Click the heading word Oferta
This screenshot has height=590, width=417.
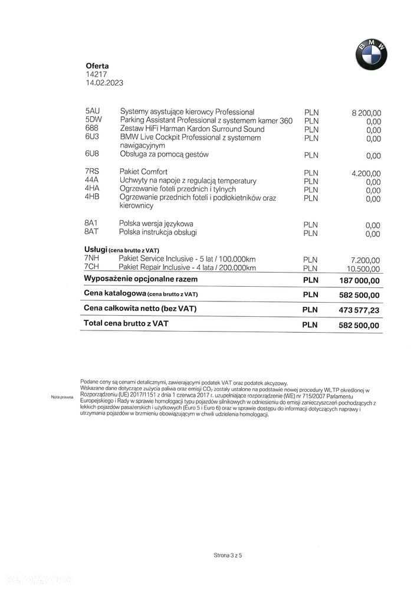coord(97,66)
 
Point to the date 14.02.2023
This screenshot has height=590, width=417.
coord(104,84)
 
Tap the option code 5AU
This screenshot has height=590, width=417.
coord(93,112)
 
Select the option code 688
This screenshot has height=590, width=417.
coord(91,129)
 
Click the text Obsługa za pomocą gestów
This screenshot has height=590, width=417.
coord(164,155)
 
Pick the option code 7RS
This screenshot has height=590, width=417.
coord(93,172)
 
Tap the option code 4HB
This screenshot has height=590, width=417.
coord(93,198)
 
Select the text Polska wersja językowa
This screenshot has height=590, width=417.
coord(156,224)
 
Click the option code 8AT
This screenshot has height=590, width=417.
coord(92,232)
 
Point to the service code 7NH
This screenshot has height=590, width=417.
coord(93,259)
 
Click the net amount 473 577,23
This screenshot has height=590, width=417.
coord(359,310)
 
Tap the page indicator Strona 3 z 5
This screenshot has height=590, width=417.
coord(228,555)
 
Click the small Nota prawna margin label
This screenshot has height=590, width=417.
coord(61,397)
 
